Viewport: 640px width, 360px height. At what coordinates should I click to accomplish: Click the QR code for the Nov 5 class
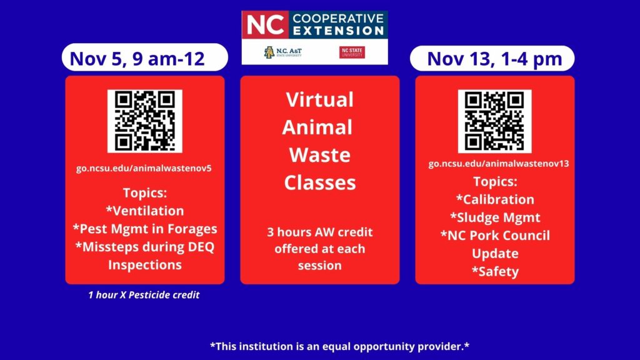tap(145, 121)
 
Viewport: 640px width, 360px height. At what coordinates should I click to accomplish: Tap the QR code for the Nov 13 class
tap(495, 121)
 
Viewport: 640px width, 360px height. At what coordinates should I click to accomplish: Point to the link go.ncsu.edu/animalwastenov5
tap(144, 168)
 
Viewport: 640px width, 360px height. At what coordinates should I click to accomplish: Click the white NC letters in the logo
tap(265, 24)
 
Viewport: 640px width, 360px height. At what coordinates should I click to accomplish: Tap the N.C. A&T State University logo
tap(283, 52)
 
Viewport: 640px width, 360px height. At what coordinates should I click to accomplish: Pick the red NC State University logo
tap(352, 52)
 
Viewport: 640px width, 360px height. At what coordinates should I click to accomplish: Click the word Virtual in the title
tap(319, 99)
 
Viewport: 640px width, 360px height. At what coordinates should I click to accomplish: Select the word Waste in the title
tap(319, 155)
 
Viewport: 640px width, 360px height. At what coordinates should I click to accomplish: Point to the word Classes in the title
tap(320, 183)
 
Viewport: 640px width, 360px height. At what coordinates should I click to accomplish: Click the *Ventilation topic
tap(145, 211)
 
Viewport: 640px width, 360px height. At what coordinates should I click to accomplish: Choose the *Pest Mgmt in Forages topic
tap(145, 229)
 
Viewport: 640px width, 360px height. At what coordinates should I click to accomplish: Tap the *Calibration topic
tap(495, 199)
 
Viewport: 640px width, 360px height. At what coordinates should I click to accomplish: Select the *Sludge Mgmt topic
tap(495, 217)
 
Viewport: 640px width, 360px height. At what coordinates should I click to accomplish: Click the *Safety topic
tap(495, 271)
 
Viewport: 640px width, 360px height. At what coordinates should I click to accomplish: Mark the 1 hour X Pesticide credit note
tap(144, 295)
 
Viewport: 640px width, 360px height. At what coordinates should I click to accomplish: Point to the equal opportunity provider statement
tap(339, 346)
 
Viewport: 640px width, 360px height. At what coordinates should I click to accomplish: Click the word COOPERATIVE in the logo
tap(338, 18)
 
